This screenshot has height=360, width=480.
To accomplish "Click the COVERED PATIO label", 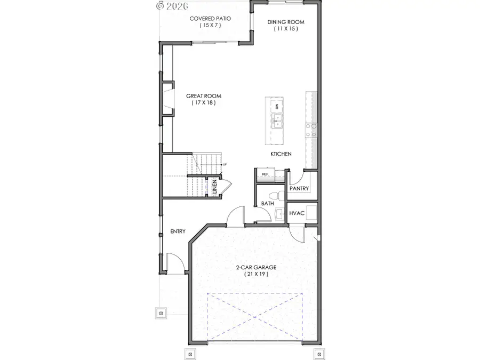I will pyautogui.click(x=211, y=19).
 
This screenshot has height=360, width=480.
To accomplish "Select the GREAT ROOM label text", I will pyautogui.click(x=203, y=97).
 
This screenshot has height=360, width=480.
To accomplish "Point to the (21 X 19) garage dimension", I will pyautogui.click(x=256, y=274).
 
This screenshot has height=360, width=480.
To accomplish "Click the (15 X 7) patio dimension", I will pyautogui.click(x=211, y=25).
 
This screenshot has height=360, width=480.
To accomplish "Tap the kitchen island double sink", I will pyautogui.click(x=277, y=121).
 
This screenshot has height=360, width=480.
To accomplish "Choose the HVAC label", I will pyautogui.click(x=297, y=213).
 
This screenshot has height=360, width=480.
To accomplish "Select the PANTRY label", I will pyautogui.click(x=299, y=189).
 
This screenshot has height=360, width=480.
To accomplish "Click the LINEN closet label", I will pyautogui.click(x=214, y=188).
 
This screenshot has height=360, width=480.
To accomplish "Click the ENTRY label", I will pyautogui.click(x=178, y=231).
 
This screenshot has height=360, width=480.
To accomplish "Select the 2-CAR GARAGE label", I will pyautogui.click(x=256, y=267).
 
